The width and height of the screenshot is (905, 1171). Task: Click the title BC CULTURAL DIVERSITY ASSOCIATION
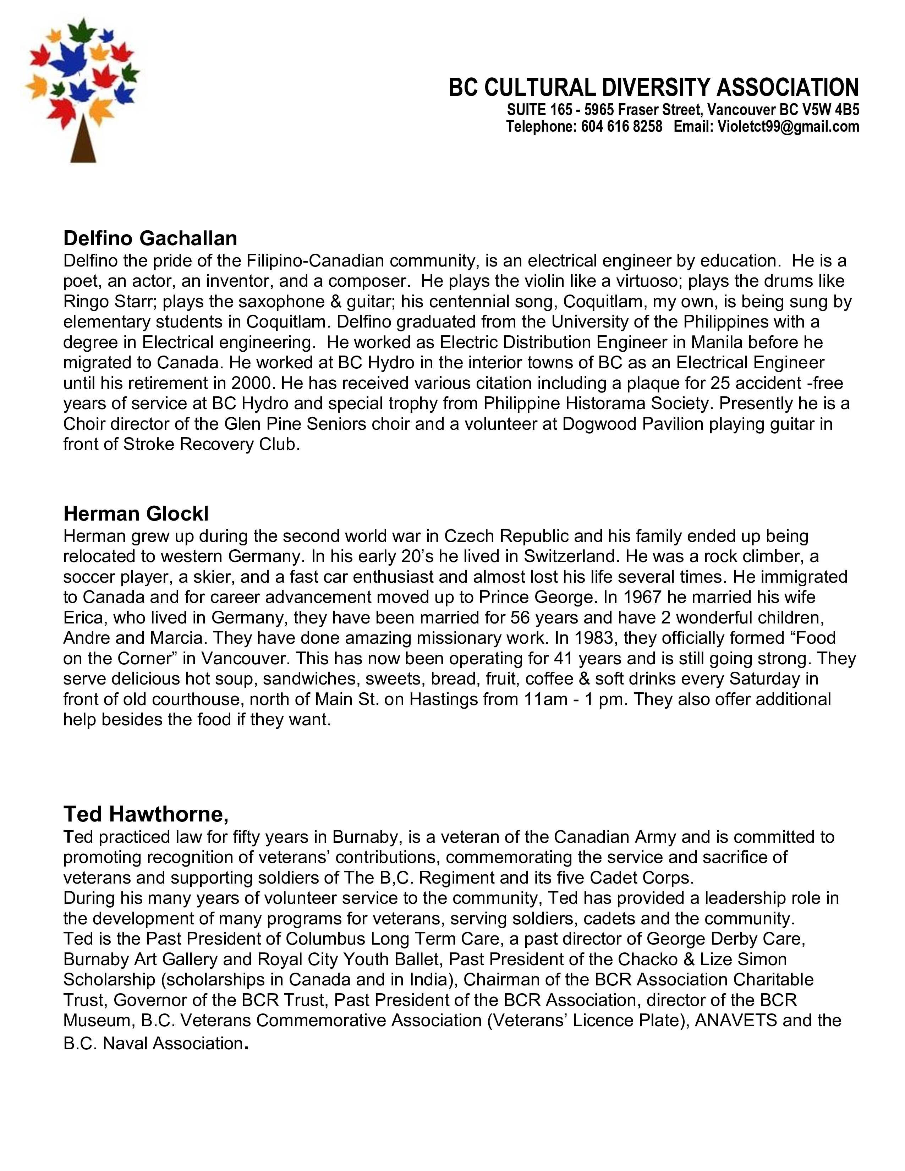click(x=653, y=87)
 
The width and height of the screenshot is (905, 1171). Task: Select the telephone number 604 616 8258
click(x=622, y=127)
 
